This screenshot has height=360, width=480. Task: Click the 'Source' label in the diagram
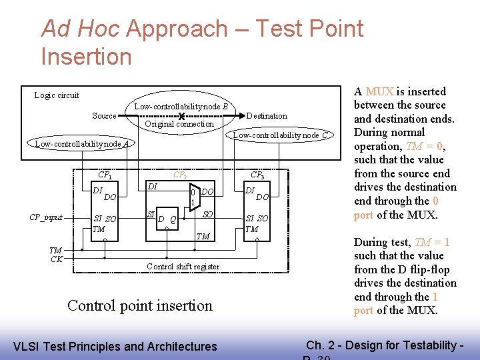[x=104, y=116]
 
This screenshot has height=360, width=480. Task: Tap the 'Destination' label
[x=267, y=116]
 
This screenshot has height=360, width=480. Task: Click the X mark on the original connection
[x=181, y=117]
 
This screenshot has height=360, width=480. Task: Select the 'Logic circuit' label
[x=57, y=95]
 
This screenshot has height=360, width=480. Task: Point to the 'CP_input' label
[x=46, y=217]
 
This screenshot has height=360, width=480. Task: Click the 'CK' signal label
[x=57, y=259]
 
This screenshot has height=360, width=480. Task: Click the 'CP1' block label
[x=105, y=175]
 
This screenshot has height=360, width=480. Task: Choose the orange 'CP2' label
[x=180, y=175]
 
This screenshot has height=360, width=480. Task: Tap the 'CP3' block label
[x=257, y=175]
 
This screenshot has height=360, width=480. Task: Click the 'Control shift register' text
[x=183, y=267]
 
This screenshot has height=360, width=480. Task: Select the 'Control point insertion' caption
[x=140, y=306]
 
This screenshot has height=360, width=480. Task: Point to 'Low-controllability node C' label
[x=280, y=135]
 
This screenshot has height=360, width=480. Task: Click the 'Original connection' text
[x=179, y=124]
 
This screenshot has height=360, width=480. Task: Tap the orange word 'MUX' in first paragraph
[x=379, y=92]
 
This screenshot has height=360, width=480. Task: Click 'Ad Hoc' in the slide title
[x=81, y=29]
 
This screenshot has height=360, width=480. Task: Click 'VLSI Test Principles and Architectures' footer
[x=115, y=346]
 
